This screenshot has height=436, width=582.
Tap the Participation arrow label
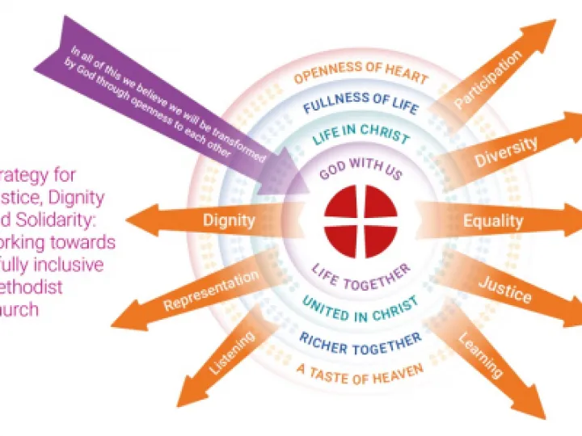click(487, 78)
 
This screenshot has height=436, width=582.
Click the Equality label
click(493, 220)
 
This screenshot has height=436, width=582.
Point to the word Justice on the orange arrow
click(504, 289)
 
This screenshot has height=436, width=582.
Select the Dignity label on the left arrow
click(229, 220)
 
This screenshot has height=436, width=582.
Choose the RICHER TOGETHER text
click(361, 339)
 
